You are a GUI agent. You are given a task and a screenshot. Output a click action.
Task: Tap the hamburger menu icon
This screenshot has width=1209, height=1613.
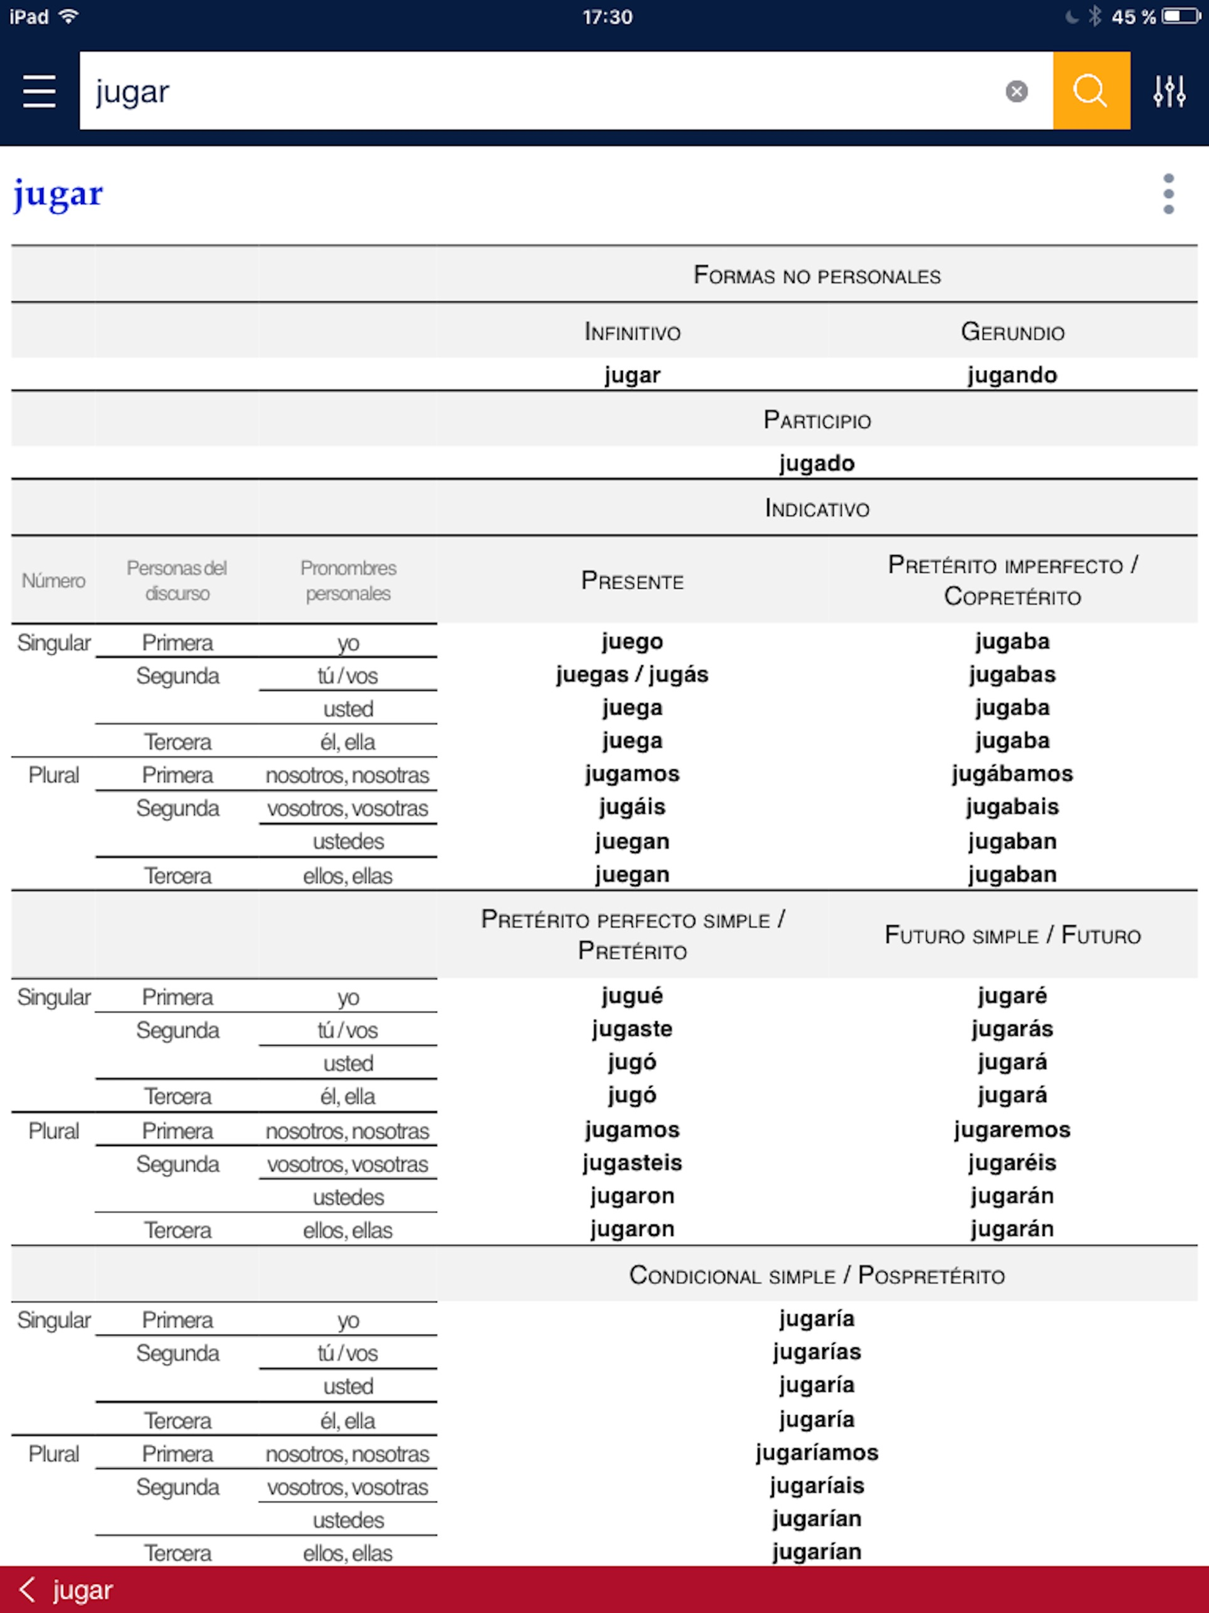pyautogui.click(x=40, y=91)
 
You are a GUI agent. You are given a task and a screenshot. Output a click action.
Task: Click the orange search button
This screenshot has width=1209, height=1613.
pyautogui.click(x=1091, y=91)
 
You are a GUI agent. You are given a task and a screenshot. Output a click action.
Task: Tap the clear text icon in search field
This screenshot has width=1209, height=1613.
pyautogui.click(x=1017, y=91)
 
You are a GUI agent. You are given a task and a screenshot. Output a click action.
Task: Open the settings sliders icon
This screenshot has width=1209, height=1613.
pyautogui.click(x=1169, y=91)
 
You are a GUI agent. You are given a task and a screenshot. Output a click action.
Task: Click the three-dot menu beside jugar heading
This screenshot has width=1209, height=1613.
pyautogui.click(x=1168, y=194)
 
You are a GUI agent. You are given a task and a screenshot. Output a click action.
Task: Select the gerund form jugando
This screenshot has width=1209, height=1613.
pyautogui.click(x=1011, y=375)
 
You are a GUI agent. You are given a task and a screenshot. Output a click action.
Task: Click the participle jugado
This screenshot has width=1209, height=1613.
pyautogui.click(x=816, y=463)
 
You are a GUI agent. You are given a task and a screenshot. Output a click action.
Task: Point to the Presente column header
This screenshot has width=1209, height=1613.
pyautogui.click(x=632, y=581)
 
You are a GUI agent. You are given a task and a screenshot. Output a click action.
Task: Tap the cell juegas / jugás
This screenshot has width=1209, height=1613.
pyautogui.click(x=632, y=674)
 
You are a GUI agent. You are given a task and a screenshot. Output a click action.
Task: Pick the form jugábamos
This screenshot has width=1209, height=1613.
pyautogui.click(x=1011, y=773)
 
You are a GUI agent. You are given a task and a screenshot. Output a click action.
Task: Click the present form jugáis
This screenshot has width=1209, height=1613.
pyautogui.click(x=632, y=807)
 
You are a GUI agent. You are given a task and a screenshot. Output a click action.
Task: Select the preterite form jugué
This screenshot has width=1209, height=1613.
pyautogui.click(x=632, y=996)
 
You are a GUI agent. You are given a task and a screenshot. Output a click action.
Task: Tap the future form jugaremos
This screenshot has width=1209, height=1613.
pyautogui.click(x=1011, y=1129)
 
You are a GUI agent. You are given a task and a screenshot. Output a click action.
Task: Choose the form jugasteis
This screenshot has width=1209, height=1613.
pyautogui.click(x=632, y=1163)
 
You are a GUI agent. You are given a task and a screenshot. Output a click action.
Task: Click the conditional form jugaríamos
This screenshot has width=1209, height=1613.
pyautogui.click(x=816, y=1452)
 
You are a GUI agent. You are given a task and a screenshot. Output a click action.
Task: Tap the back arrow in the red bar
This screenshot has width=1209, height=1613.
pyautogui.click(x=28, y=1589)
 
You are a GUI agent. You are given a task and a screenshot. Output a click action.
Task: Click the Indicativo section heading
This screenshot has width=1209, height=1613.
pyautogui.click(x=816, y=508)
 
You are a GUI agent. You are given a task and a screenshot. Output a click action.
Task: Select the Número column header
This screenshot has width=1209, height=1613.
pyautogui.click(x=53, y=581)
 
